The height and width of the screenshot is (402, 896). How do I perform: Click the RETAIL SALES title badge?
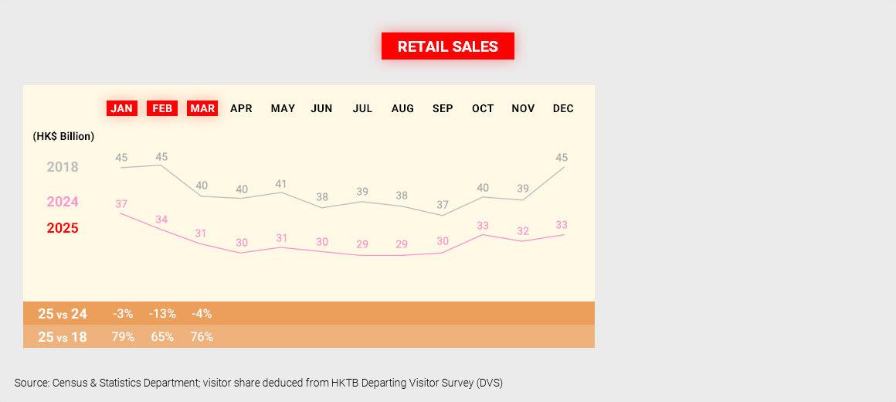click(448, 46)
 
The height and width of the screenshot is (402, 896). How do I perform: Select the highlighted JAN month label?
click(121, 108)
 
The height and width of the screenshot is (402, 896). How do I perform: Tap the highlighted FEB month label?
click(162, 108)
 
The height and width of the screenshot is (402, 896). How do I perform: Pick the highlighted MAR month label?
click(202, 108)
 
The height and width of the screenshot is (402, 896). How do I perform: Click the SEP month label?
click(443, 108)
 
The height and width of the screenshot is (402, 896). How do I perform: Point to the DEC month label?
click(563, 108)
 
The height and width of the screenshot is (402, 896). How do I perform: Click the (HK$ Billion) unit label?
click(63, 136)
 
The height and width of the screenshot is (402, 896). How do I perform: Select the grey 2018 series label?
click(63, 167)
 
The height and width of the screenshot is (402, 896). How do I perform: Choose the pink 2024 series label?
click(63, 202)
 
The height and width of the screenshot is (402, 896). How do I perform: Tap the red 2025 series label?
click(63, 228)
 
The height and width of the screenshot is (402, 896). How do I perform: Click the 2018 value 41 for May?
click(281, 184)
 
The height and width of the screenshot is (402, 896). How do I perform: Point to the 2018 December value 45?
click(562, 158)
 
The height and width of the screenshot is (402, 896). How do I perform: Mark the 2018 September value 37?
click(442, 205)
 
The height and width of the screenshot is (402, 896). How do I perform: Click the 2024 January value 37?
click(121, 204)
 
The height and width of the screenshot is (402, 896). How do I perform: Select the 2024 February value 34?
click(161, 220)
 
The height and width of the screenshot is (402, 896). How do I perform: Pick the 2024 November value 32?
click(523, 231)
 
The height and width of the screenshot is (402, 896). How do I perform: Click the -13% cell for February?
click(163, 314)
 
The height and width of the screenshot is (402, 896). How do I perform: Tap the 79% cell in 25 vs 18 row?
click(123, 337)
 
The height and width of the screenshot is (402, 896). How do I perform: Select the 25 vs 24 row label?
click(63, 314)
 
